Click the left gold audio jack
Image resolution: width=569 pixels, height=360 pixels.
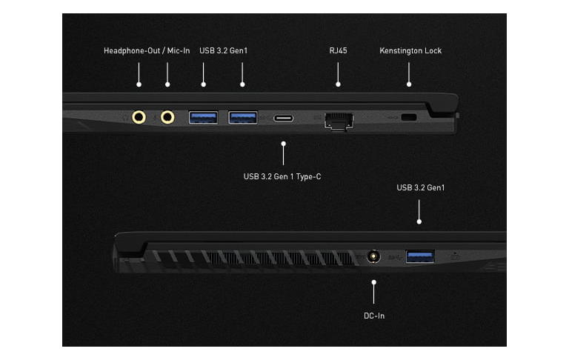pyautogui.click(x=139, y=116)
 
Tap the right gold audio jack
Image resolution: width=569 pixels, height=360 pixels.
pyautogui.click(x=167, y=116)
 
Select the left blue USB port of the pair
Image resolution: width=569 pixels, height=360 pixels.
pyautogui.click(x=203, y=116)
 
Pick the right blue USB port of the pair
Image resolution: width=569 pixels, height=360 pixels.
pyautogui.click(x=242, y=116)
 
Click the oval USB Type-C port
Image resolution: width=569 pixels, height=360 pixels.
pyautogui.click(x=283, y=118)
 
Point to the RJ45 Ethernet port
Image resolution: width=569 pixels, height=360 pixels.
pyautogui.click(x=339, y=119)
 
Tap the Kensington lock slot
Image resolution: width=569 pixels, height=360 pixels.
pyautogui.click(x=408, y=118)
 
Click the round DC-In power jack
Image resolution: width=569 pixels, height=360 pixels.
pyautogui.click(x=374, y=256)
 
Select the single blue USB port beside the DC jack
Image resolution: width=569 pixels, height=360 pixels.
pyautogui.click(x=419, y=256)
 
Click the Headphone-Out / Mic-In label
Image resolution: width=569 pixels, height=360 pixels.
pyautogui.click(x=147, y=51)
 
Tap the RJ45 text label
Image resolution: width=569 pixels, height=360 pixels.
pyautogui.click(x=339, y=51)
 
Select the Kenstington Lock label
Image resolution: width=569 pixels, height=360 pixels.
pyautogui.click(x=410, y=51)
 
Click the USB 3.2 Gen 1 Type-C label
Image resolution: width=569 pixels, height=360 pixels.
pyautogui.click(x=282, y=176)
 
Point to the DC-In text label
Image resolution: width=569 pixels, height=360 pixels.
pyautogui.click(x=374, y=316)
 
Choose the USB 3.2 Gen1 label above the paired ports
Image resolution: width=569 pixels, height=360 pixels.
pyautogui.click(x=222, y=51)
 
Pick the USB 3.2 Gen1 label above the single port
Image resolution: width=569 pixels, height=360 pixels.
pyautogui.click(x=420, y=187)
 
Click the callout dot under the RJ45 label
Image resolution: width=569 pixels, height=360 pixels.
pyautogui.click(x=339, y=84)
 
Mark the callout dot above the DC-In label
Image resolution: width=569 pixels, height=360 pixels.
pyautogui.click(x=374, y=282)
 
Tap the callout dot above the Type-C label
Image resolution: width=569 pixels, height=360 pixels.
pyautogui.click(x=283, y=144)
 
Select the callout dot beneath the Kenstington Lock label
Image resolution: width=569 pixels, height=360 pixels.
pyautogui.click(x=408, y=84)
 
